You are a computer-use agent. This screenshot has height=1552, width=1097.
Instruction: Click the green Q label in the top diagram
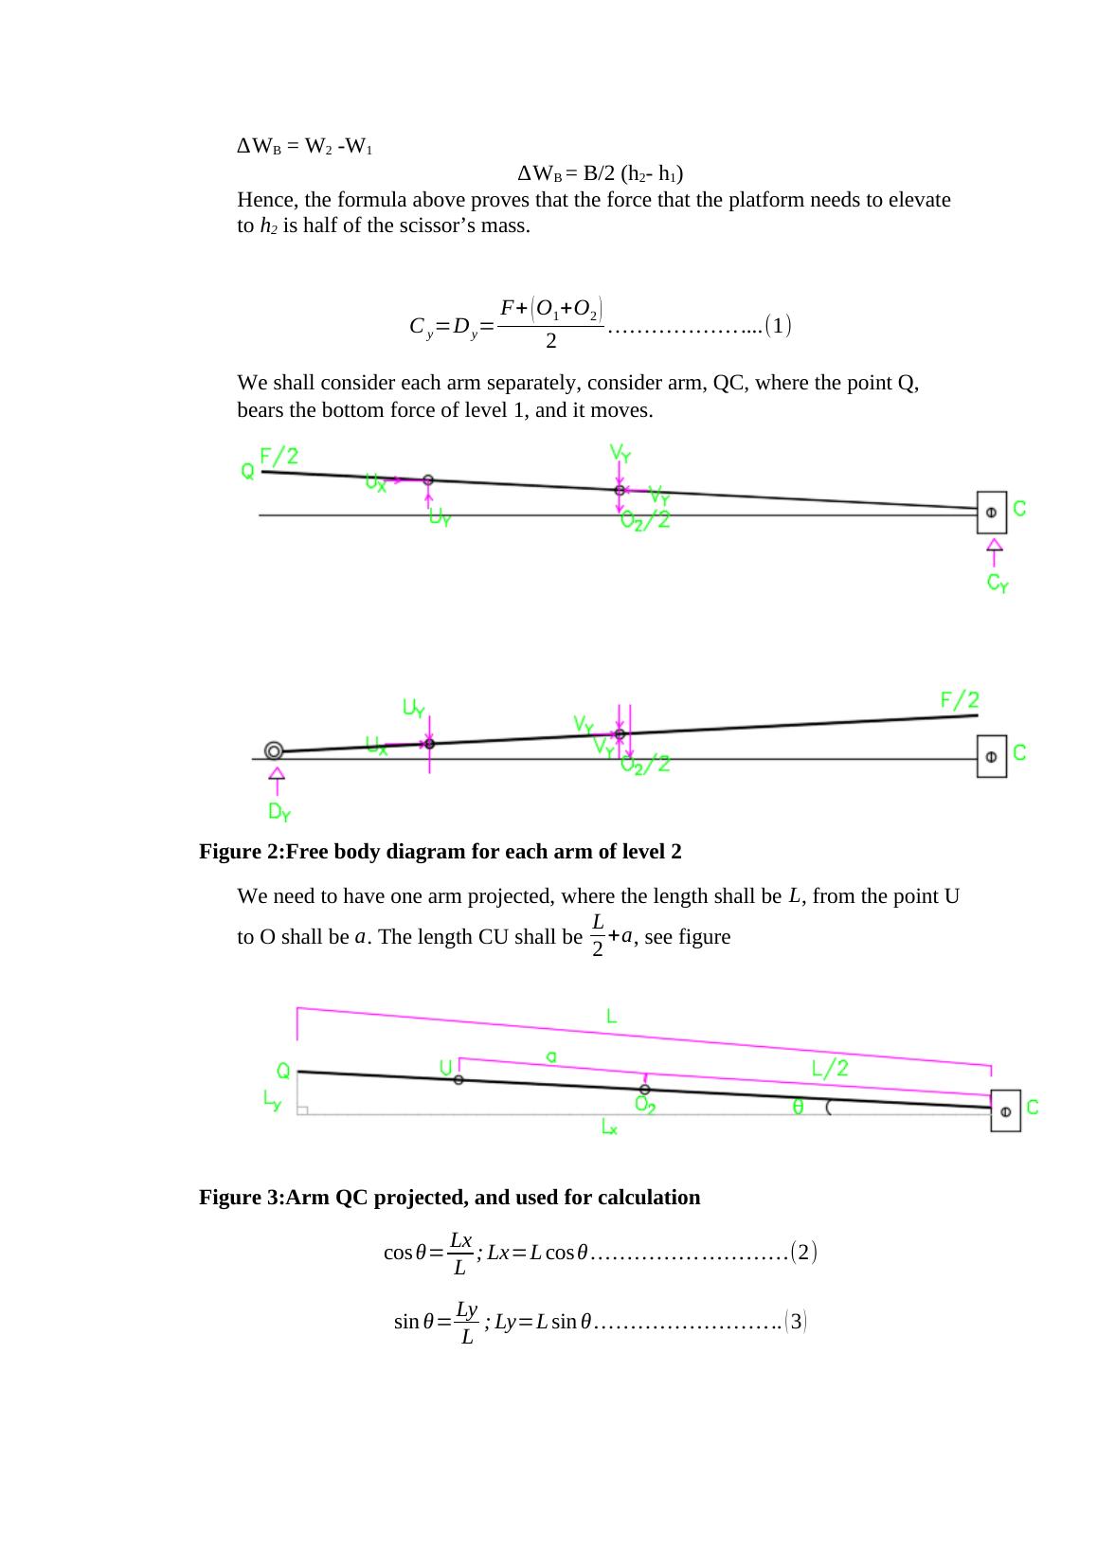coord(247,471)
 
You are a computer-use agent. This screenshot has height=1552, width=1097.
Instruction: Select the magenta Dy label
coord(279,812)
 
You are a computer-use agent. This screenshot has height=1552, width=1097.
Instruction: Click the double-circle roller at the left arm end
coord(274,750)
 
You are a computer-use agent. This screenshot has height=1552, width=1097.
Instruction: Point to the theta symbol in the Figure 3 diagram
coord(799,1107)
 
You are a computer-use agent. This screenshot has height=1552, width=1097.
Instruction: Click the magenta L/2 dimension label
coord(830,1068)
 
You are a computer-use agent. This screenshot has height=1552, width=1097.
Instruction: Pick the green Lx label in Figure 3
coord(609,1127)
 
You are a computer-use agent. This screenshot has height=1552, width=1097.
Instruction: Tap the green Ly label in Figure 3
coord(272,1101)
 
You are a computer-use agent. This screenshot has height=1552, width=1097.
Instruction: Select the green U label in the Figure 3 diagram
coord(444,1068)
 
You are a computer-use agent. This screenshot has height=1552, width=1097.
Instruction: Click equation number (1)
coord(778,327)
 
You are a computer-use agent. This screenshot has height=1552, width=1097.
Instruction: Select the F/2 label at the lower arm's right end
coord(959,700)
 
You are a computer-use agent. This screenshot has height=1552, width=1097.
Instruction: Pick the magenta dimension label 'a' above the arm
coord(551,1055)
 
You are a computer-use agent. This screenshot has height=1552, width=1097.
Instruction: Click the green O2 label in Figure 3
coord(647,1106)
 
